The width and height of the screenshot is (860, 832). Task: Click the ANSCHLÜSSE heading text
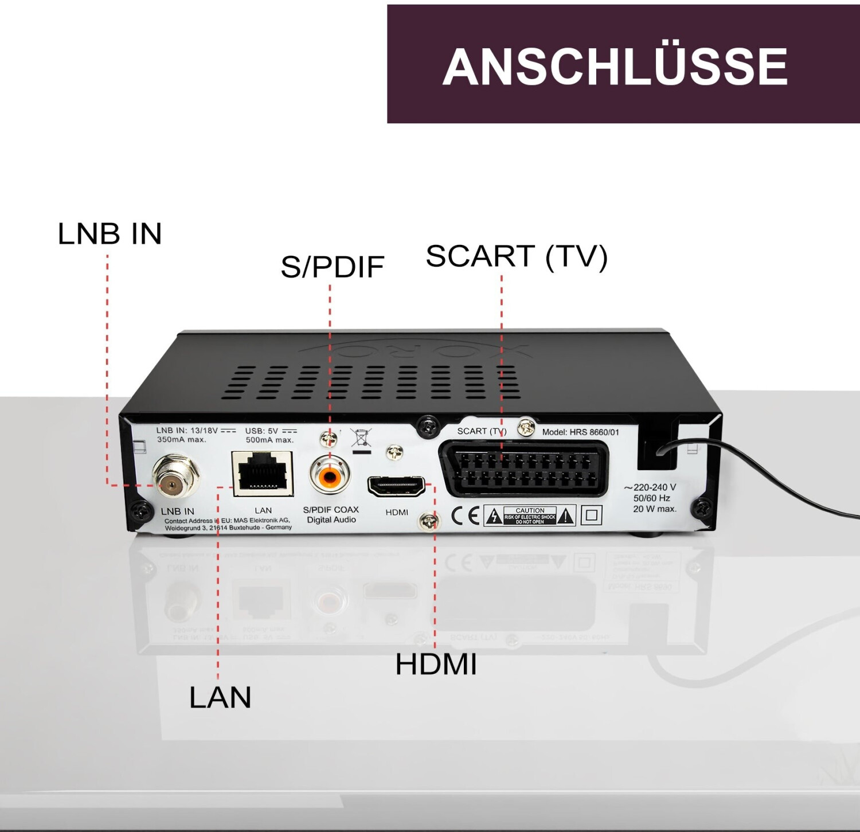[615, 66]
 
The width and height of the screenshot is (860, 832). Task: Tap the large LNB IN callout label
[110, 234]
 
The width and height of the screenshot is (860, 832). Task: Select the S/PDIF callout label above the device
[332, 267]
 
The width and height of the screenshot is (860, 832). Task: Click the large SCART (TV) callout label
[516, 256]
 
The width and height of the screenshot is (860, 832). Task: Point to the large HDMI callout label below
[436, 664]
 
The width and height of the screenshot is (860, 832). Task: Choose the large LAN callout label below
[220, 697]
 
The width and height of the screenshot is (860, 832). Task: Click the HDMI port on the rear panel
[396, 487]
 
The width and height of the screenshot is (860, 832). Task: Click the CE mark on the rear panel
[465, 515]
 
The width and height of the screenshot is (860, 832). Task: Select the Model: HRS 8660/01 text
[580, 432]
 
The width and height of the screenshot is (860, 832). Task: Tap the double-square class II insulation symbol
[591, 515]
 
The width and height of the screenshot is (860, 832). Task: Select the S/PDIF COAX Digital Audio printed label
[331, 514]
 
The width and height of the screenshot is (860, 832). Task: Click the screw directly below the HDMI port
[429, 521]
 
